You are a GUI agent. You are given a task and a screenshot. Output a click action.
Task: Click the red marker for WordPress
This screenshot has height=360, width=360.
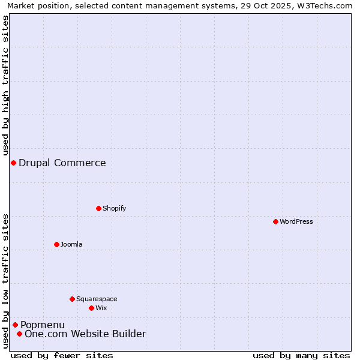coord(275,221)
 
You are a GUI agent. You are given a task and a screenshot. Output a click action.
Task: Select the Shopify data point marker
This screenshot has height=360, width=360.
coord(98,208)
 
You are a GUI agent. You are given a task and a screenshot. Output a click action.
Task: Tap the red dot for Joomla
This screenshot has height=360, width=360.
coord(56,244)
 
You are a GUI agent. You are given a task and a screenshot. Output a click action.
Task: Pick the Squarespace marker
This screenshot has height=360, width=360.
coord(72,299)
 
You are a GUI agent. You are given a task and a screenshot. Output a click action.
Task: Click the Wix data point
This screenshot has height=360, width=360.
coord(91,308)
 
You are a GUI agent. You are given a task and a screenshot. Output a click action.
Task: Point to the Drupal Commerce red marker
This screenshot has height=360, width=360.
coord(13,163)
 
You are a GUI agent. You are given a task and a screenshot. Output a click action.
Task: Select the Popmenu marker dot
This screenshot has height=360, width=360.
coord(15,325)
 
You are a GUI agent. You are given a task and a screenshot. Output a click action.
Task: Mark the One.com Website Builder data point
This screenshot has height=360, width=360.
coord(19,334)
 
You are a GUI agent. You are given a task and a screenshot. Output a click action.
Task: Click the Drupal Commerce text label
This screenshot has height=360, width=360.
coord(62,163)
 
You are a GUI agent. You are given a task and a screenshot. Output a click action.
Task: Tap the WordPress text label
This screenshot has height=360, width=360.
coord(296,221)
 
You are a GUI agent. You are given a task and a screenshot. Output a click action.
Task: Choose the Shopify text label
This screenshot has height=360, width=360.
coord(114,208)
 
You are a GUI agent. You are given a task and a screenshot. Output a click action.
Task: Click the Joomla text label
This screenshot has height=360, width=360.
coord(71,244)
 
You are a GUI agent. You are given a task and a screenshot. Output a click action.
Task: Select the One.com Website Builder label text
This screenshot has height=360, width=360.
coord(85,334)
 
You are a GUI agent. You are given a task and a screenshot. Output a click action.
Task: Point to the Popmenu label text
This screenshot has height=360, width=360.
coord(43,325)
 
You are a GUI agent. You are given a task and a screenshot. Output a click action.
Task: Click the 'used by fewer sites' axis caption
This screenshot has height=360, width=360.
coord(62,355)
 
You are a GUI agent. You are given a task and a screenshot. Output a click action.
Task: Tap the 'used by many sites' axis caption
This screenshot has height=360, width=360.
coord(301,355)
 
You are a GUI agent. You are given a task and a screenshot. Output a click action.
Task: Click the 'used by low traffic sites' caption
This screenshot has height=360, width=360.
coord(5,281)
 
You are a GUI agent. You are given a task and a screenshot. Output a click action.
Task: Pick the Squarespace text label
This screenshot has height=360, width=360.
coord(97,299)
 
